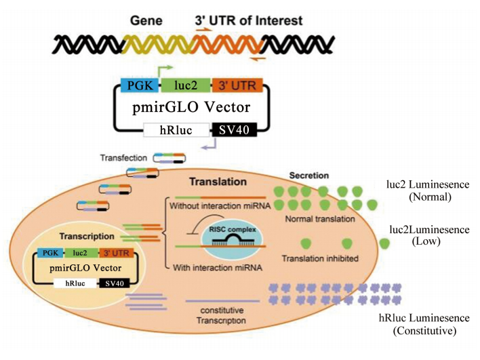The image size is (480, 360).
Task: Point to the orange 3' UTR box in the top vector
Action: point(233,86)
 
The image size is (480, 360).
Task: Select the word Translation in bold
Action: point(218,182)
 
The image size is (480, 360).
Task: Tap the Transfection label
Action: point(123,158)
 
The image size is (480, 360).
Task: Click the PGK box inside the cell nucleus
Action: point(49,253)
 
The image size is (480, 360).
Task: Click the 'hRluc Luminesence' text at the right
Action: point(424,318)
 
